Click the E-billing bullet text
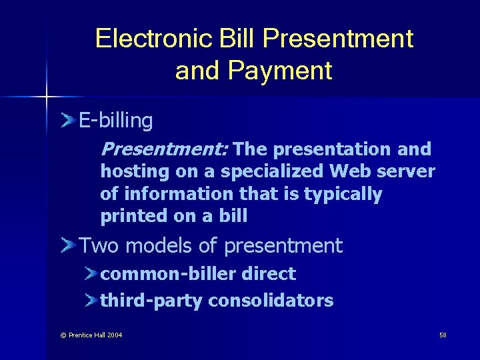(x=116, y=121)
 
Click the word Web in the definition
(x=351, y=171)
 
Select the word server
(x=406, y=171)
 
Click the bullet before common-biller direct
(x=91, y=274)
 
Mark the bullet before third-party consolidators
(x=91, y=301)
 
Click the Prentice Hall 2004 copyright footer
(x=91, y=335)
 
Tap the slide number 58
(x=443, y=334)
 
